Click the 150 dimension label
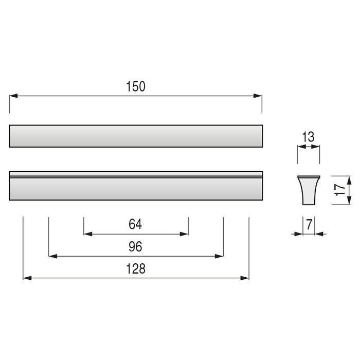coord(136,86)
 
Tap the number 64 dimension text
coord(135,224)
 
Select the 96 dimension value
coord(135,246)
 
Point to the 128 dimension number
coord(136,268)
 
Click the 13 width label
coord(308,137)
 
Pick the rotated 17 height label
coord(340,190)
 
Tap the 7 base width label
coord(309,224)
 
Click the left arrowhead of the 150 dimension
coord(13,96)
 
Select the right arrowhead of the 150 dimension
coord(258,96)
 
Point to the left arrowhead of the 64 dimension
coord(88,234)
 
